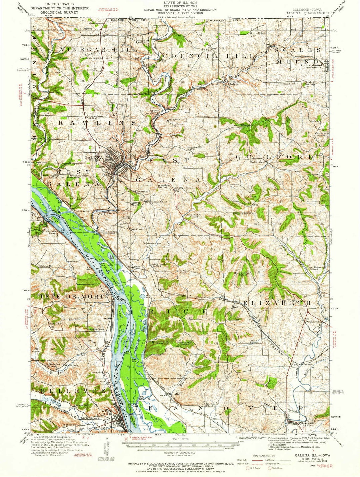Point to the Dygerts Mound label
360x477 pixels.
[135, 203]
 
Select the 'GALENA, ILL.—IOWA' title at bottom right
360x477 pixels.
[308, 455]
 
